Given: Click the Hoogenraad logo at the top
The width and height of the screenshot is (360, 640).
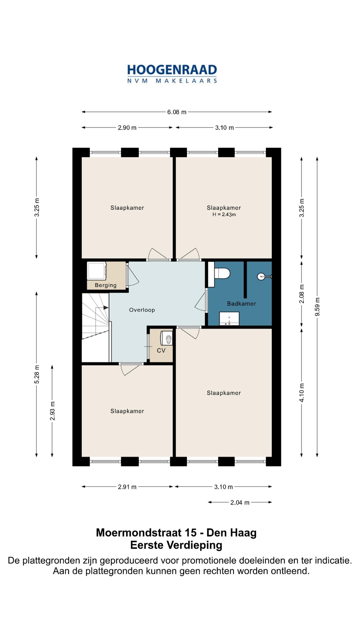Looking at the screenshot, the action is (172, 74).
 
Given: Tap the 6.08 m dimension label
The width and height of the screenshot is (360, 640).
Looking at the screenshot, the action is (177, 112).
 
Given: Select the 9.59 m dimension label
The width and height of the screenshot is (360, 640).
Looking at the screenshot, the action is (317, 307).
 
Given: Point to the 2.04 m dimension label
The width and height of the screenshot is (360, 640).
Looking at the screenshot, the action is (240, 502).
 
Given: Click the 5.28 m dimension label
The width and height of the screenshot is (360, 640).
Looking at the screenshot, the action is (37, 374).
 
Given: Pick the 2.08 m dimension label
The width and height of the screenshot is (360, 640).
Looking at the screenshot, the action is (302, 294).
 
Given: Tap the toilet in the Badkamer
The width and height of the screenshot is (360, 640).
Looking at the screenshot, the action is (222, 274).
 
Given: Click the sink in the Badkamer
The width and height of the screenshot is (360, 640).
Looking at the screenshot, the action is (229, 319).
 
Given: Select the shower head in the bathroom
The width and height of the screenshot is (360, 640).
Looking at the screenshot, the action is (265, 276).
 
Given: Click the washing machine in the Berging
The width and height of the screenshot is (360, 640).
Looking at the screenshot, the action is (97, 271).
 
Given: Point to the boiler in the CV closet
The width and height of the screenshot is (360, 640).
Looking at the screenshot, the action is (167, 338).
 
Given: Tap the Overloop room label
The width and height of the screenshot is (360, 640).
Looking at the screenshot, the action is (142, 310).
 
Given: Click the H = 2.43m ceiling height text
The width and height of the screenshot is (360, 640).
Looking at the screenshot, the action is (224, 215).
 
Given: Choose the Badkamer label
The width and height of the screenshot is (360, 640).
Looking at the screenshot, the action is (241, 304).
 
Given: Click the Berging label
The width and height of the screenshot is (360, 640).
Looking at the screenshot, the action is (106, 285).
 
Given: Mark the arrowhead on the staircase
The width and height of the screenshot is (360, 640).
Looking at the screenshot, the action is (106, 308).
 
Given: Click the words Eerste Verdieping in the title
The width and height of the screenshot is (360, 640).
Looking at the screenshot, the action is (176, 545).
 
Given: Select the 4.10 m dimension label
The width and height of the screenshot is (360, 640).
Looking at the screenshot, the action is (302, 393).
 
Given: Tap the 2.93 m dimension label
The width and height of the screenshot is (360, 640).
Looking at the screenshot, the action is (52, 411).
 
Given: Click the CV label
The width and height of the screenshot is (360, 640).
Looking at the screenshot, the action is (161, 351).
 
